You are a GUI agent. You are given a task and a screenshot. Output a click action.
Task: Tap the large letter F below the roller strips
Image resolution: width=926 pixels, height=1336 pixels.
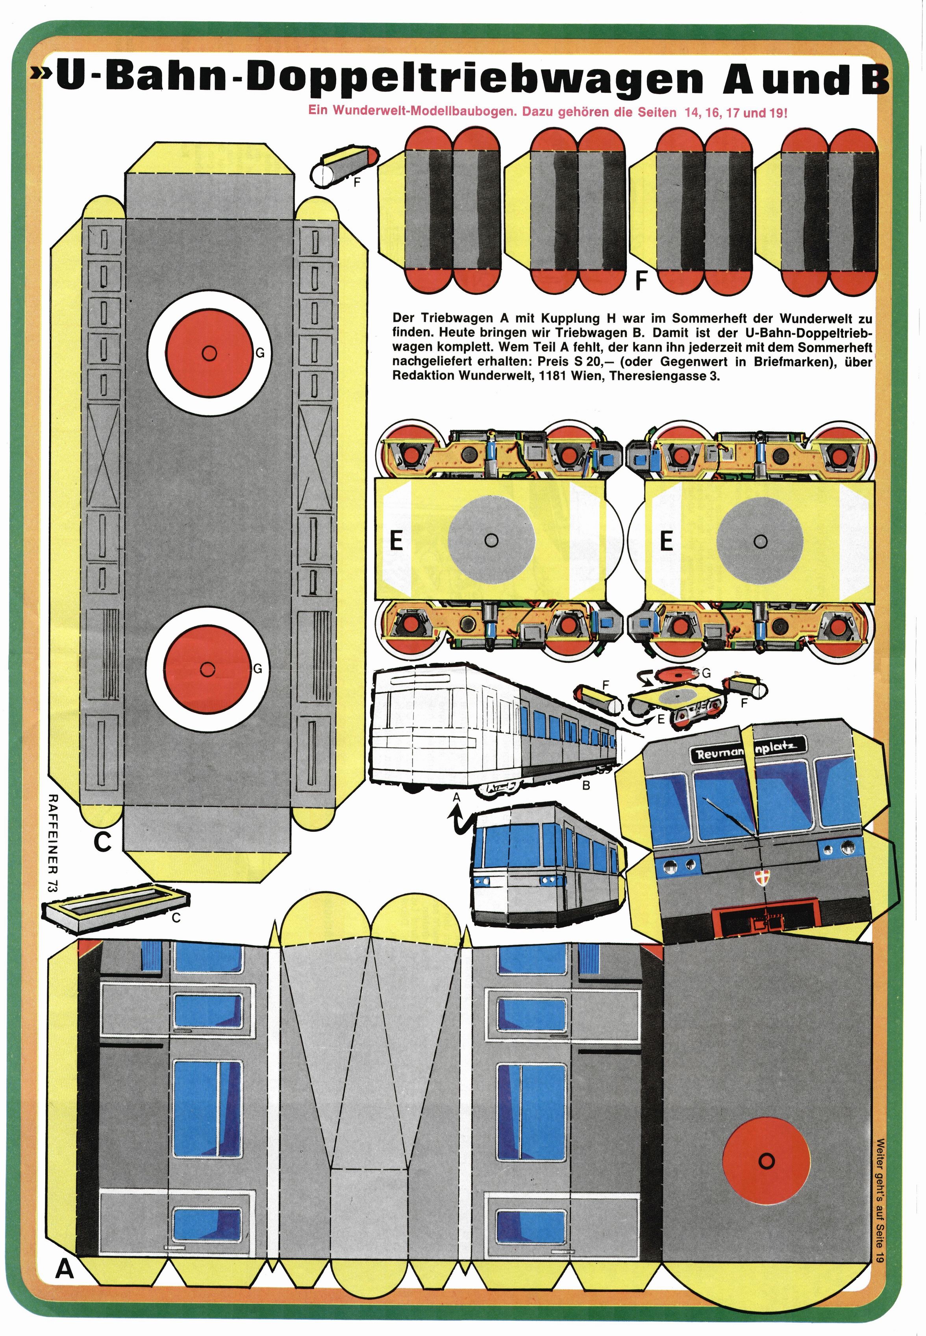(641, 281)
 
